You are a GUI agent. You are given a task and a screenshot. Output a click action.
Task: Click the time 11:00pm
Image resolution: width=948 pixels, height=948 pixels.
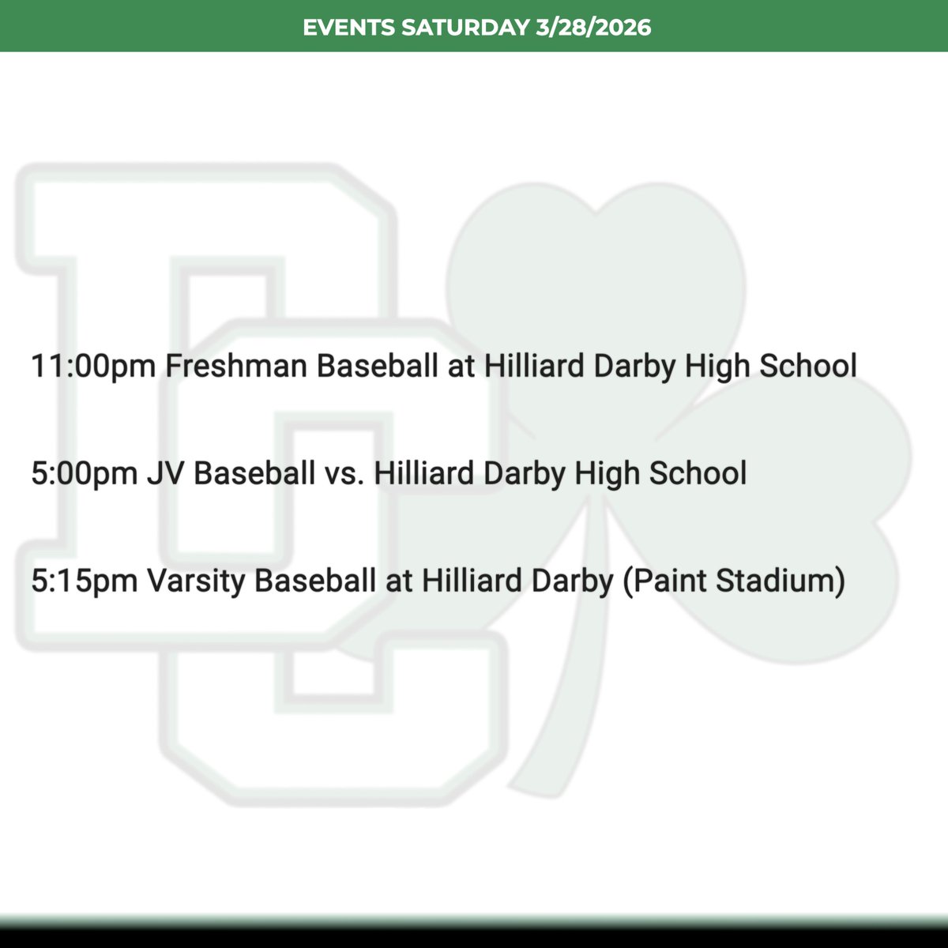92,366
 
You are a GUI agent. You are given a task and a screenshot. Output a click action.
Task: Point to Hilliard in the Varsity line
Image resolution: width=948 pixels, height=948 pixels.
470,581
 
